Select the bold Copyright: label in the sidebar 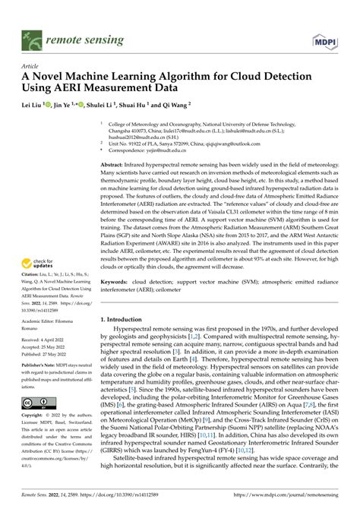(x=36, y=416)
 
